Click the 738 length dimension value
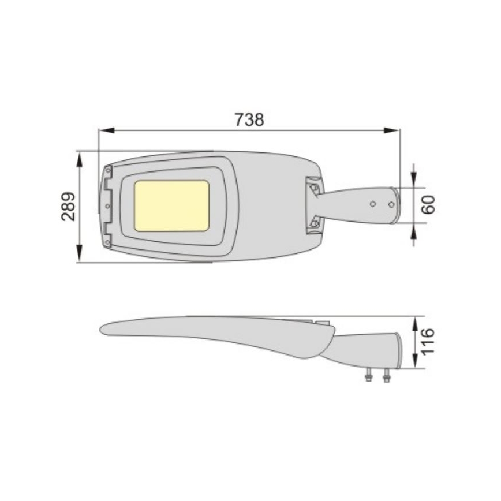tap(249, 119)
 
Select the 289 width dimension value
tap(69, 206)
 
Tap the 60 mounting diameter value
tap(428, 205)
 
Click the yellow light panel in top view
tap(171, 205)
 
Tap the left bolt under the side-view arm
tap(368, 377)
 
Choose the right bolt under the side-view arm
tap(386, 377)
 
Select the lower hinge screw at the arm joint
tap(314, 223)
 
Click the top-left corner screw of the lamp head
tap(107, 170)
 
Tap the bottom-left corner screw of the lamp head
tap(107, 243)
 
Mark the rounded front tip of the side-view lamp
tap(104, 328)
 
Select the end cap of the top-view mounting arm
tap(395, 205)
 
